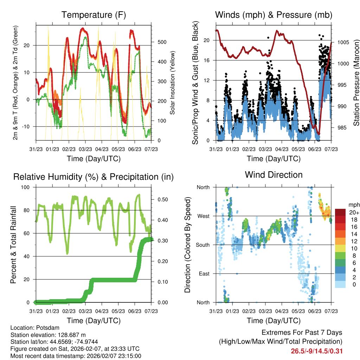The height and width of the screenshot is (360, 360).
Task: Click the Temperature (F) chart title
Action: (94, 15)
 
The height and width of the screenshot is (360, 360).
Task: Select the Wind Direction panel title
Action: (274, 175)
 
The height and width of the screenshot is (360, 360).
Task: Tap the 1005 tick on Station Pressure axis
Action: (343, 42)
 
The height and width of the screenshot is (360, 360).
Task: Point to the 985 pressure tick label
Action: (342, 128)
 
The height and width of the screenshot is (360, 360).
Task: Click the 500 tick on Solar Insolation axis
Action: (161, 42)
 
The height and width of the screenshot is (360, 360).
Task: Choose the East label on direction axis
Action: (202, 274)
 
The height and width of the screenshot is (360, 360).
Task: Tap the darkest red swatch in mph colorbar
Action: (340, 212)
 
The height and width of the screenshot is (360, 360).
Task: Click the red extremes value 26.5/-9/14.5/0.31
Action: (316, 351)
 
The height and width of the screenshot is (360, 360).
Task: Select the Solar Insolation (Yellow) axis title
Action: (172, 83)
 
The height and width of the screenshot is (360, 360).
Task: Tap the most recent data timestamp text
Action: (76, 356)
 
